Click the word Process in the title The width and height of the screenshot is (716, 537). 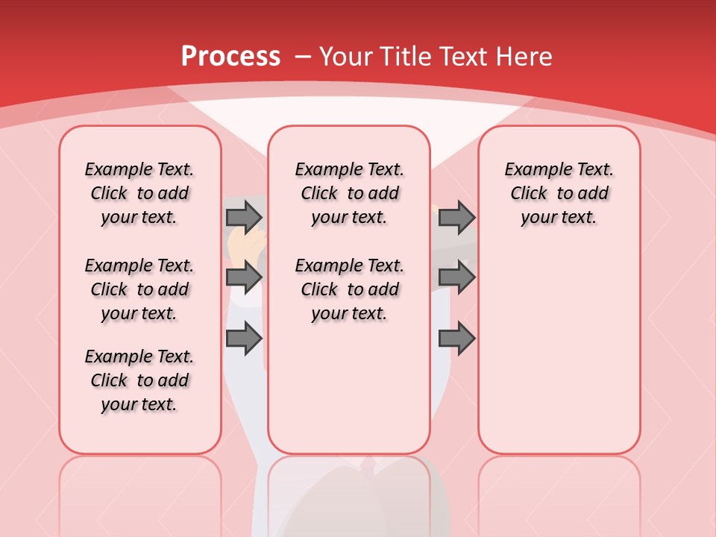click(230, 56)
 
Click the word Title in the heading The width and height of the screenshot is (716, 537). click(403, 56)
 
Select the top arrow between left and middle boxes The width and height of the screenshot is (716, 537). click(244, 218)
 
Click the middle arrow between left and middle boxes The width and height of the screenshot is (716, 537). click(244, 277)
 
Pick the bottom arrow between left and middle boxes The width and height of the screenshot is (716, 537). click(244, 339)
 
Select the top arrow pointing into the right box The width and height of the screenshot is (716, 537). click(456, 218)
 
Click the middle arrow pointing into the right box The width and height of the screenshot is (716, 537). click(456, 277)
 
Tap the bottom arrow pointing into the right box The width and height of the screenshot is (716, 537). click(456, 339)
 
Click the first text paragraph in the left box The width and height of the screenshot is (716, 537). click(139, 193)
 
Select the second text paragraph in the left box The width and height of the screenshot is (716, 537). click(139, 289)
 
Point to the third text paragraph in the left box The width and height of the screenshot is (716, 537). click(139, 380)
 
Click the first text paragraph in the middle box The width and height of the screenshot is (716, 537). click(349, 193)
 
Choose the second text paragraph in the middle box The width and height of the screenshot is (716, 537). click(349, 289)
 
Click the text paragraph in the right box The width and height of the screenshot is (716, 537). click(559, 193)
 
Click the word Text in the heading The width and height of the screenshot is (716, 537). click(465, 56)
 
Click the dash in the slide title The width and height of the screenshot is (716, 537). click(303, 56)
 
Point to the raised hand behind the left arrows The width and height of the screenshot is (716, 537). click(245, 245)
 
